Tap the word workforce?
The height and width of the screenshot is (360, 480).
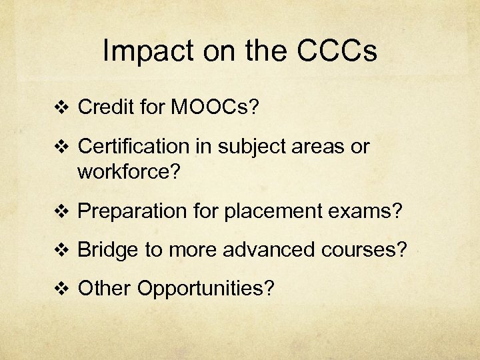click(129, 173)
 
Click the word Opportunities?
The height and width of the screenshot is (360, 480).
click(206, 289)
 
